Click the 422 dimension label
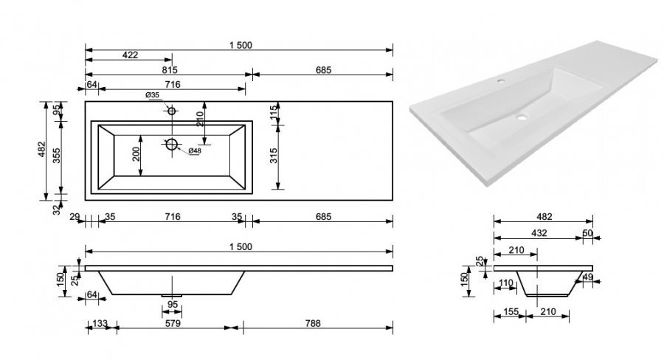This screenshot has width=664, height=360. (130, 55)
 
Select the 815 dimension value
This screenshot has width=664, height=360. (170, 70)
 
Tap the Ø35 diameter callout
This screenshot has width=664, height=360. (153, 95)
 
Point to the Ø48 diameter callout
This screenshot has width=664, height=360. (194, 150)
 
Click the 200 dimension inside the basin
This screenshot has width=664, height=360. (136, 155)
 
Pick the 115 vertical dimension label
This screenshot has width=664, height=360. (274, 113)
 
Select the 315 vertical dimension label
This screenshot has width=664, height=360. (274, 156)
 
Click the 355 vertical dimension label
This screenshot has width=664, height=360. (56, 156)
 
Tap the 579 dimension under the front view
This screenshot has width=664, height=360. (173, 323)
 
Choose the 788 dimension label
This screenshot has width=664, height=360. (313, 323)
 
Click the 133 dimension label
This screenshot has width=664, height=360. (100, 323)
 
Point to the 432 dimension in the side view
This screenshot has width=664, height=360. (539, 233)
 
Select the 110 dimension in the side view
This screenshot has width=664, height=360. (506, 283)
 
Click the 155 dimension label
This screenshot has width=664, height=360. (511, 312)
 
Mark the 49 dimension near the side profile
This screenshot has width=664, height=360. (588, 277)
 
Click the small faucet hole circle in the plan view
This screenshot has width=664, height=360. (171, 111)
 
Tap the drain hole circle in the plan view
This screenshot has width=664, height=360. (171, 145)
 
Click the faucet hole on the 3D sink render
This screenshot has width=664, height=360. (502, 80)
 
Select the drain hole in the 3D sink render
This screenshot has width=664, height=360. (522, 117)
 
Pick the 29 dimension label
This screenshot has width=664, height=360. (75, 218)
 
